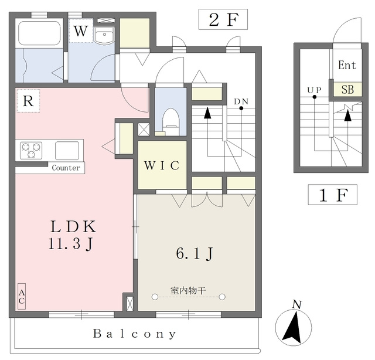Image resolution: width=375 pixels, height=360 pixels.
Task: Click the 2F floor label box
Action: (223, 19)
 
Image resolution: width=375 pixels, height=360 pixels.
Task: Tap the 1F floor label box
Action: (332, 195)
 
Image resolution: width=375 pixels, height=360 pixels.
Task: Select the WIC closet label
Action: (162, 165)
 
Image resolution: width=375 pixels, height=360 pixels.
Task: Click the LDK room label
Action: (73, 227)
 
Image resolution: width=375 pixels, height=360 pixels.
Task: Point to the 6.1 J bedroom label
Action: (195, 254)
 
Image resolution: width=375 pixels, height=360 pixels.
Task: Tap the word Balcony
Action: (134, 334)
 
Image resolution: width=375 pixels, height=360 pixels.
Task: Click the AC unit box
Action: (22, 296)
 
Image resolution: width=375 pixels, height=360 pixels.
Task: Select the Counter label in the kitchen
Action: (66, 168)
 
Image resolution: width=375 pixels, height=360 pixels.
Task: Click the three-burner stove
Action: (31, 150)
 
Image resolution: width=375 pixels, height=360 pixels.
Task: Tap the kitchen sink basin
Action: (67, 151)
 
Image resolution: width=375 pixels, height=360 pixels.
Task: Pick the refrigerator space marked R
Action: (28, 100)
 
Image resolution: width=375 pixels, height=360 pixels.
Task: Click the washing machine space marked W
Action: (81, 30)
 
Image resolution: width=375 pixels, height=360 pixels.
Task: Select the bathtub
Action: (39, 33)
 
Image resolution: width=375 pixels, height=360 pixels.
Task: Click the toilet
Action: (171, 122)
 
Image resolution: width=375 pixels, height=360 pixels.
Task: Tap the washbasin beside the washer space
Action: (104, 35)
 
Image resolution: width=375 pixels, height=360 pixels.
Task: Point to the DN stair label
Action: (241, 102)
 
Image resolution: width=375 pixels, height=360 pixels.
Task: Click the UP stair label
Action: (314, 90)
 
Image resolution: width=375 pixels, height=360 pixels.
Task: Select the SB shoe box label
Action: (347, 90)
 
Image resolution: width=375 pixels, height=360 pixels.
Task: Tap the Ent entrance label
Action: (347, 65)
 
